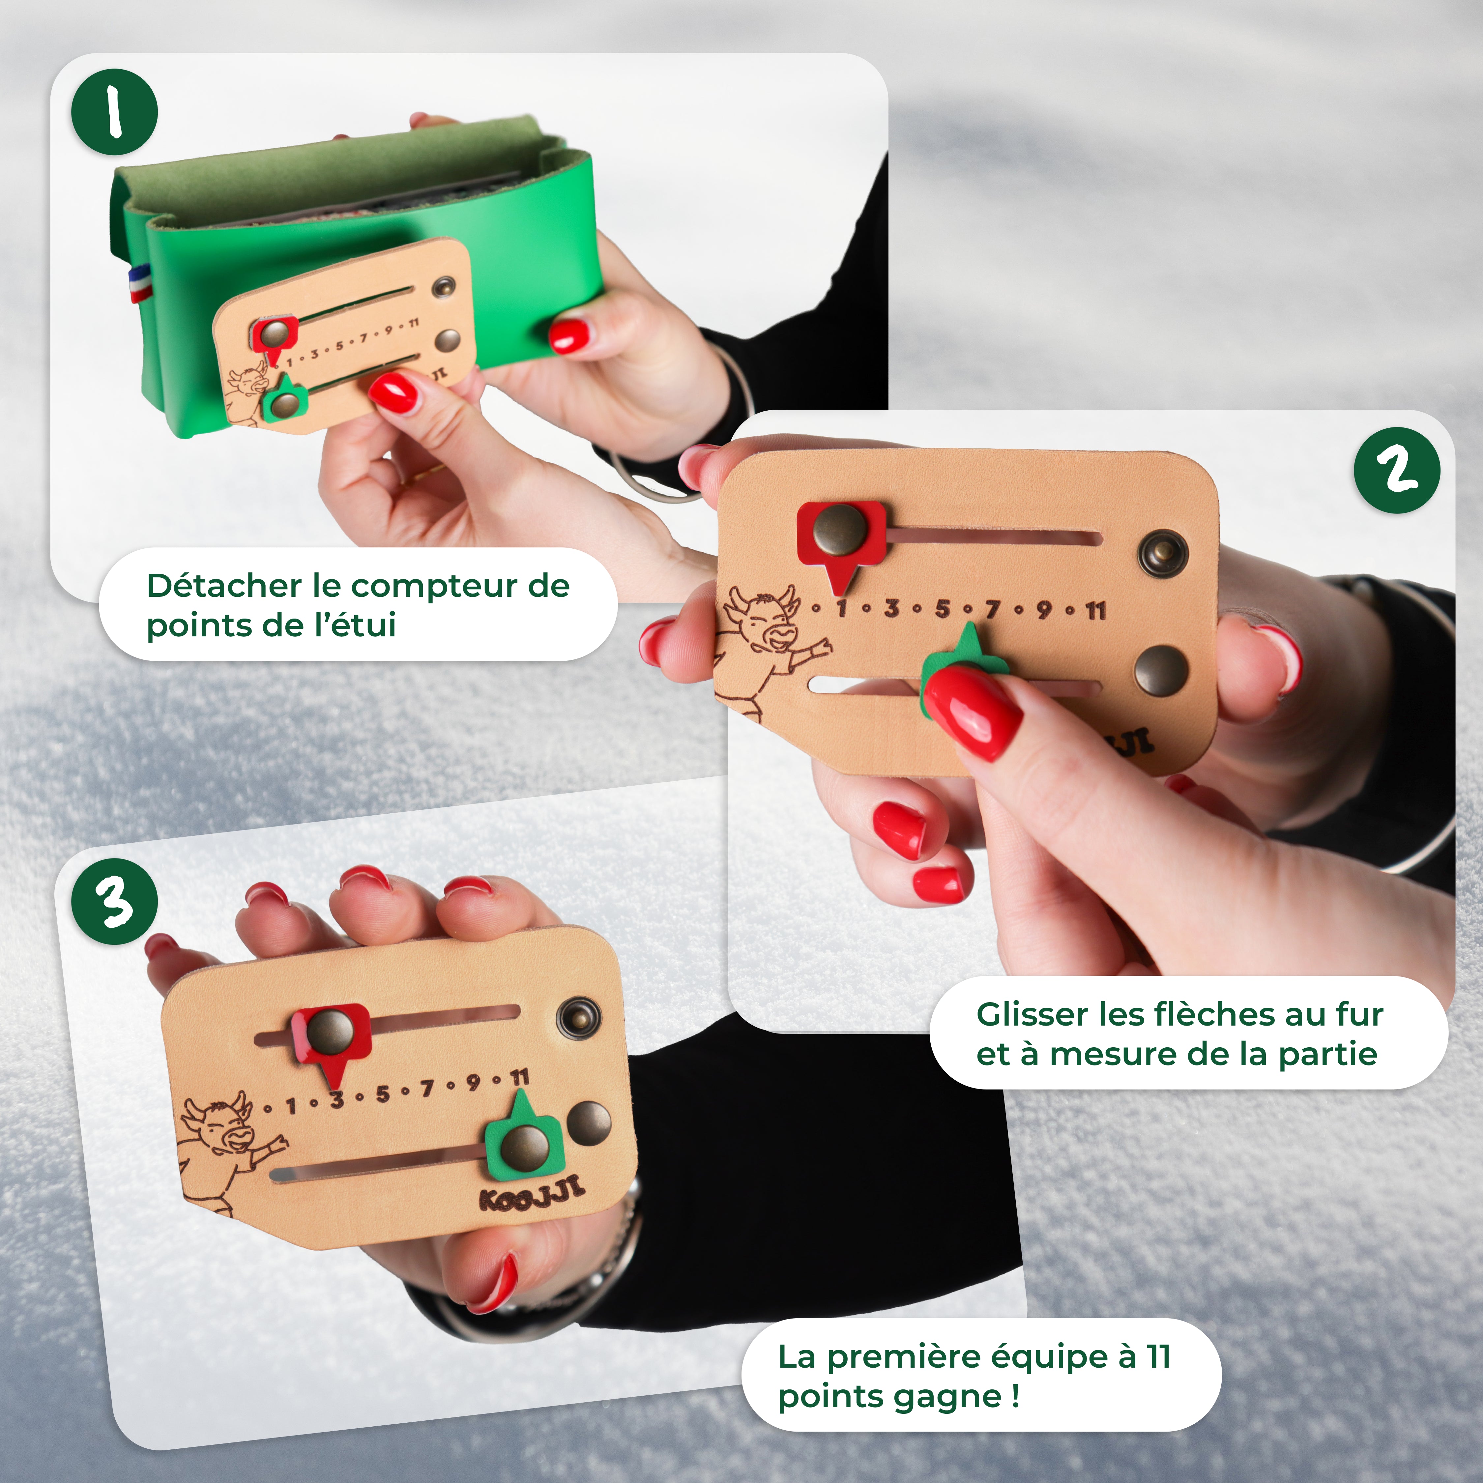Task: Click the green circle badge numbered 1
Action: pos(114,112)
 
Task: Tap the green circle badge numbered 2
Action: pos(1396,470)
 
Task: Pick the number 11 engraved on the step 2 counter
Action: pos(1095,611)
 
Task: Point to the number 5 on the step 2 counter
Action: pos(942,609)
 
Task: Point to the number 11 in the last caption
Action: pos(1157,1356)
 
